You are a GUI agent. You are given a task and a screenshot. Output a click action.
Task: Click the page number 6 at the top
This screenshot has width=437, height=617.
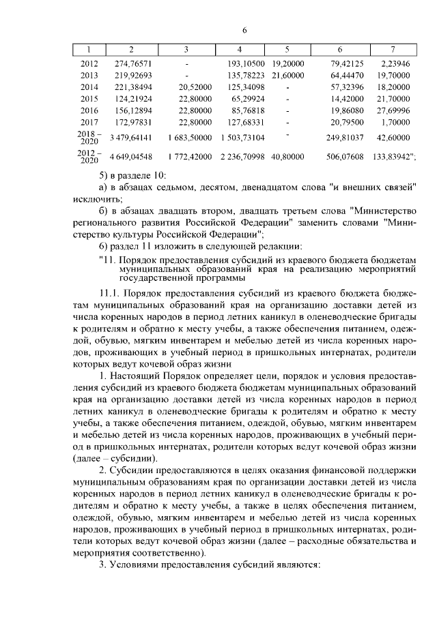point(244,31)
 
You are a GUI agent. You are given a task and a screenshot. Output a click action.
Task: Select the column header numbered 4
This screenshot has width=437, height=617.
point(238,50)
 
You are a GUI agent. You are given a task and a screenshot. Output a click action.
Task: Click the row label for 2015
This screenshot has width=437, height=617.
point(89,98)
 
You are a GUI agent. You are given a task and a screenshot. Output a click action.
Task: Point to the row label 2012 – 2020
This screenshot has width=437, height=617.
point(89,156)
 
